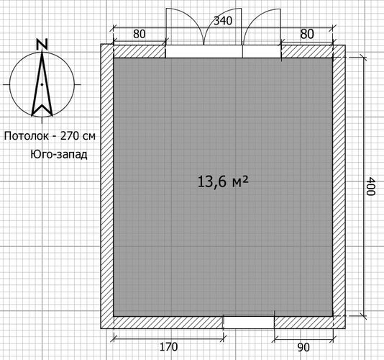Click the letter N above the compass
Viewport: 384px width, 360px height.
point(42,45)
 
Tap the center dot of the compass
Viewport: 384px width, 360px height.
point(42,85)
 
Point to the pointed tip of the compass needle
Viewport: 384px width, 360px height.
point(42,52)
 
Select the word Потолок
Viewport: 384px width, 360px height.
point(27,136)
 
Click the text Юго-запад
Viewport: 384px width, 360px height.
point(59,155)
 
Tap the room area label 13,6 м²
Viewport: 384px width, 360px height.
point(223,181)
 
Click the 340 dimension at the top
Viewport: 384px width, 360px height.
point(223,21)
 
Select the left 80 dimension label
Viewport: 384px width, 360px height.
point(140,34)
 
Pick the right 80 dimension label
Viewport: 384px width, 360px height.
point(307,34)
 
